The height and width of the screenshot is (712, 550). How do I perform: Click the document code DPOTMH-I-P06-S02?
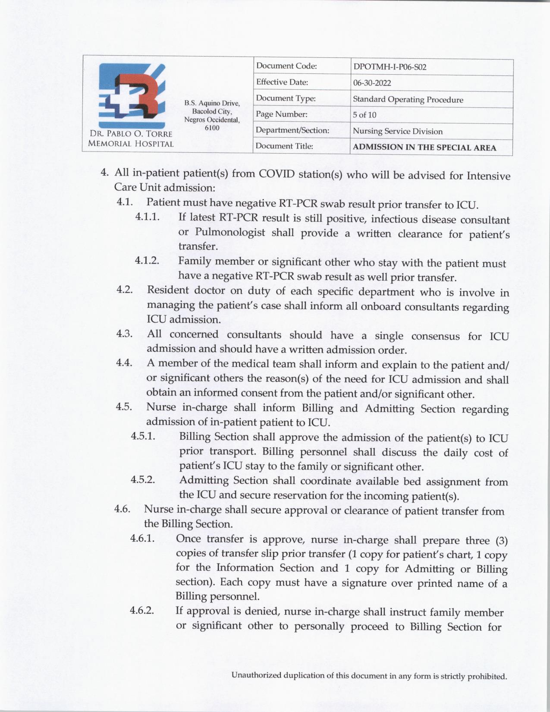point(390,67)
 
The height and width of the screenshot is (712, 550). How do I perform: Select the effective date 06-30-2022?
point(372,83)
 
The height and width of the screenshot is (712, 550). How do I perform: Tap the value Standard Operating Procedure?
point(408,99)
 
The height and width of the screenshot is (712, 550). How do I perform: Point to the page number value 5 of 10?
point(365,115)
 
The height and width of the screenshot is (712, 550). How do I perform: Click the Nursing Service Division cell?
point(397,131)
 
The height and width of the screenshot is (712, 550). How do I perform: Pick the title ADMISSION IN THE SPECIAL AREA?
point(424,147)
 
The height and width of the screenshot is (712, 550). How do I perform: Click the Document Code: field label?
point(286,66)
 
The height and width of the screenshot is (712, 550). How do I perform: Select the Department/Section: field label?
point(292,130)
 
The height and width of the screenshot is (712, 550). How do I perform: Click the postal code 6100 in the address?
point(212,128)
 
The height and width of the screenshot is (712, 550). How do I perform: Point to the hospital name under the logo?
point(130,139)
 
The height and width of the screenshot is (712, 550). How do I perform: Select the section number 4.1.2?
point(147,260)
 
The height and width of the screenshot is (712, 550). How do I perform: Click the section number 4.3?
point(124,334)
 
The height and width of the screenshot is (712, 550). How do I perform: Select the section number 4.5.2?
point(143,479)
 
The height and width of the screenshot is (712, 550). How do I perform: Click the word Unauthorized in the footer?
point(256,675)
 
